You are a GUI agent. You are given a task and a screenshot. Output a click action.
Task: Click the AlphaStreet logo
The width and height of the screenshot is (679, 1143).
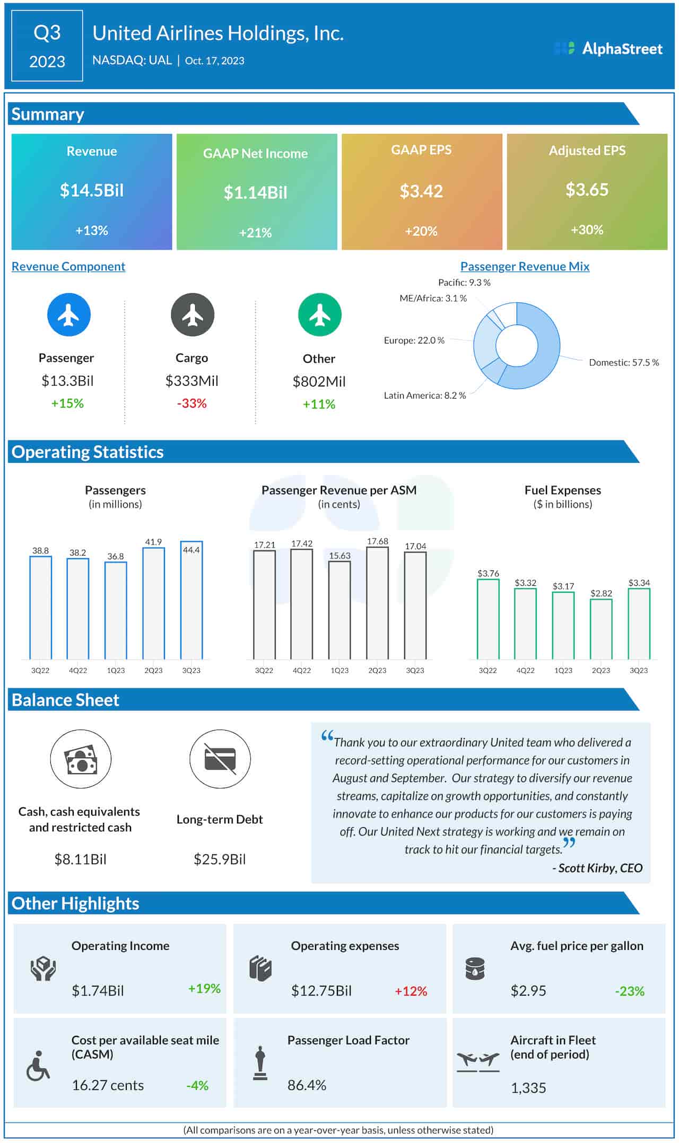(608, 49)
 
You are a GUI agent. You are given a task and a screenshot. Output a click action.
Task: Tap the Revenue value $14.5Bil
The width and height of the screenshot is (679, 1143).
(92, 190)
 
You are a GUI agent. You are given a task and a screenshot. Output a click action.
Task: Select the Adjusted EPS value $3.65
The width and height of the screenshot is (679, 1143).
(587, 189)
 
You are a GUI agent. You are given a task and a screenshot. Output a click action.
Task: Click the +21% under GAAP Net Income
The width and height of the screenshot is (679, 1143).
(255, 232)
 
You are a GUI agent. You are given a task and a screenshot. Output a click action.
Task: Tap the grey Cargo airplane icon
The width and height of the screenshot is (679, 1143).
(192, 315)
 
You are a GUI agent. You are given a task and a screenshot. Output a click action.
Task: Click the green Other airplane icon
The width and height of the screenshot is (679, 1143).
(319, 315)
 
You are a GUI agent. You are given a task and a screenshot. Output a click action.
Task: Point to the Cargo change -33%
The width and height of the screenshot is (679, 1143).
(191, 403)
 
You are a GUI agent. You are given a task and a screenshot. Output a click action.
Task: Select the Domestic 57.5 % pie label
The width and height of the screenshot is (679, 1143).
(623, 363)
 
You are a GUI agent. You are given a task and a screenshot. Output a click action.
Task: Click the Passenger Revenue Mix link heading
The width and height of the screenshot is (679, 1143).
(524, 266)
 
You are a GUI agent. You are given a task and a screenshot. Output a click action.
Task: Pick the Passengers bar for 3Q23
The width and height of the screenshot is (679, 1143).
(191, 600)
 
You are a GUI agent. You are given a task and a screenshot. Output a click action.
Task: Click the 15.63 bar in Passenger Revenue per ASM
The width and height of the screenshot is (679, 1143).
(339, 610)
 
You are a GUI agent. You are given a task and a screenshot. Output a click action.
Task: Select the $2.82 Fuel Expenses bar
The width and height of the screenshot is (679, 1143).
(601, 629)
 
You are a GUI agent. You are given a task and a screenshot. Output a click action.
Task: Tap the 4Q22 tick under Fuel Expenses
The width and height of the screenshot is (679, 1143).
(525, 670)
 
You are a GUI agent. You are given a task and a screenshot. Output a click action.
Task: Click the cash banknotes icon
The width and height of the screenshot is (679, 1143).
(81, 759)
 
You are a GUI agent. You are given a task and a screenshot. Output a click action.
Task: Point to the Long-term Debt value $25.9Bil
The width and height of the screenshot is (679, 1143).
(220, 859)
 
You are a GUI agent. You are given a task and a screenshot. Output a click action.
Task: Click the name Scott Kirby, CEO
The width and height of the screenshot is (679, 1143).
(599, 868)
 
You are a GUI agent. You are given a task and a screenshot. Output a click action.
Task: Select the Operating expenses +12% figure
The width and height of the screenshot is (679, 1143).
(411, 991)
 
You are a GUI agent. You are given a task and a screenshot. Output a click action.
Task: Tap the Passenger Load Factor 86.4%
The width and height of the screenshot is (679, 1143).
(307, 1085)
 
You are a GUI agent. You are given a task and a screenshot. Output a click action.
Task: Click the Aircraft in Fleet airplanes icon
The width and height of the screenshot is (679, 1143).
(478, 1061)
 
